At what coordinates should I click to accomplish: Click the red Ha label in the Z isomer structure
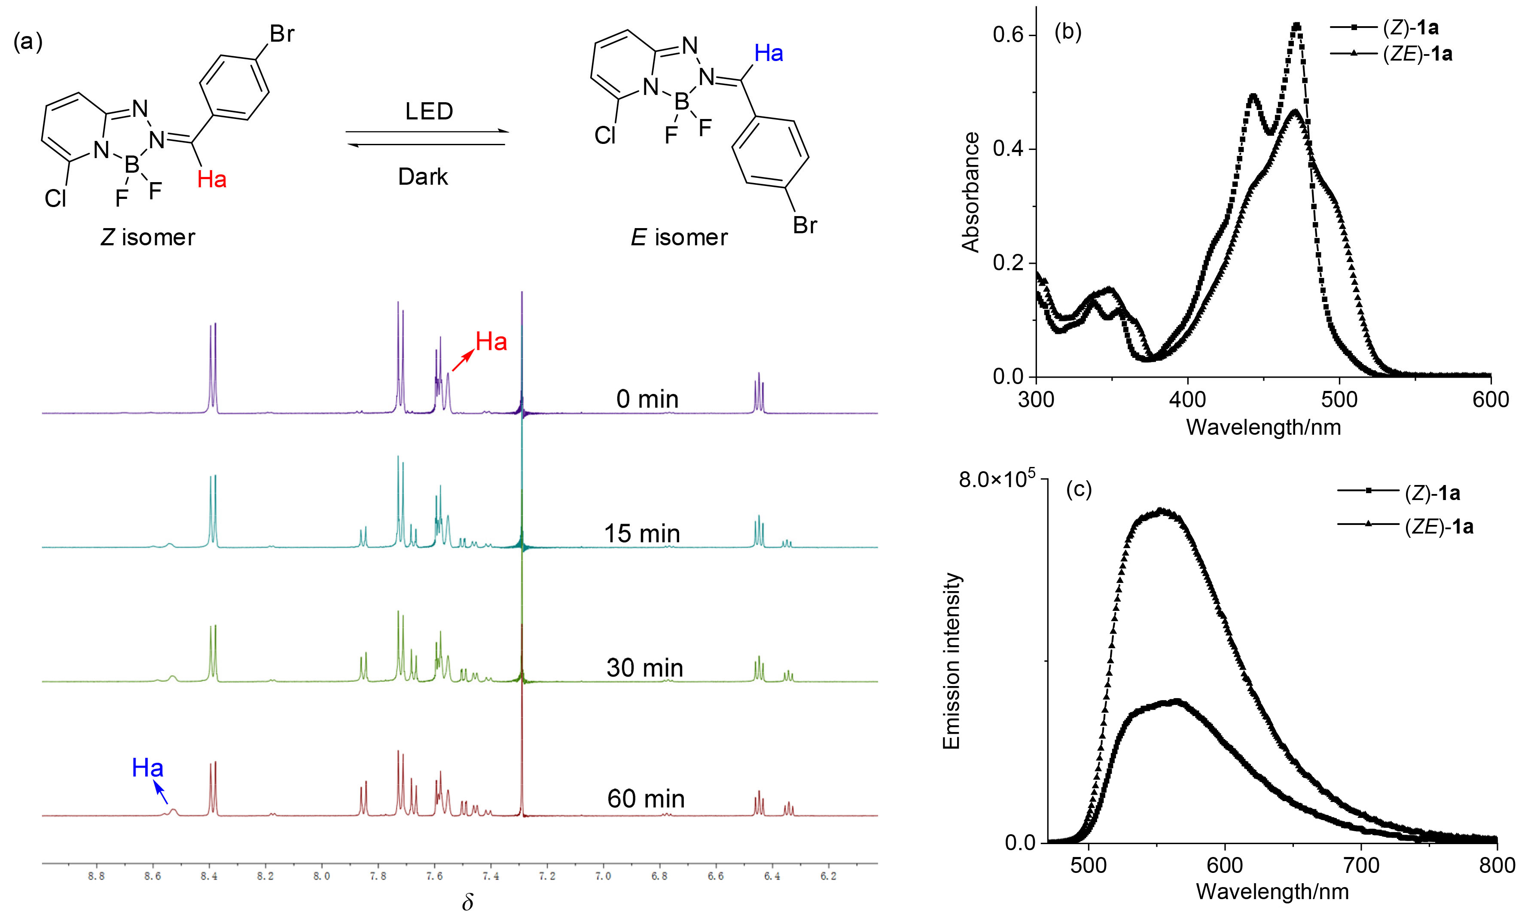[211, 180]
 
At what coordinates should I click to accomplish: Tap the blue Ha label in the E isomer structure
[768, 54]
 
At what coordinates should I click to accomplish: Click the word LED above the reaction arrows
[429, 112]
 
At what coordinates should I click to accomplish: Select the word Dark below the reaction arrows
[423, 177]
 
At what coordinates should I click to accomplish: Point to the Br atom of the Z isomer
[282, 34]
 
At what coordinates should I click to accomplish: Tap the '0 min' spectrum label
[647, 400]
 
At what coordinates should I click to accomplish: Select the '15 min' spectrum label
[641, 534]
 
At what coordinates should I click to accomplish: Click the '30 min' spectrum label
[644, 668]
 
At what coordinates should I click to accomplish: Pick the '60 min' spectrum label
[646, 799]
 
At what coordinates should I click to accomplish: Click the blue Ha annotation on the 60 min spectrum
[148, 768]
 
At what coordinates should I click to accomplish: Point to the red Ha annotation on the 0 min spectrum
[491, 342]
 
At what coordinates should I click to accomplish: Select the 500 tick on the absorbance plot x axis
[1339, 400]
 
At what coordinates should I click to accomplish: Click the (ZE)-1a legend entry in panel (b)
[1417, 54]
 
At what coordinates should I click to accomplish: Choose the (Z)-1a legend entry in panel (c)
[1432, 493]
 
